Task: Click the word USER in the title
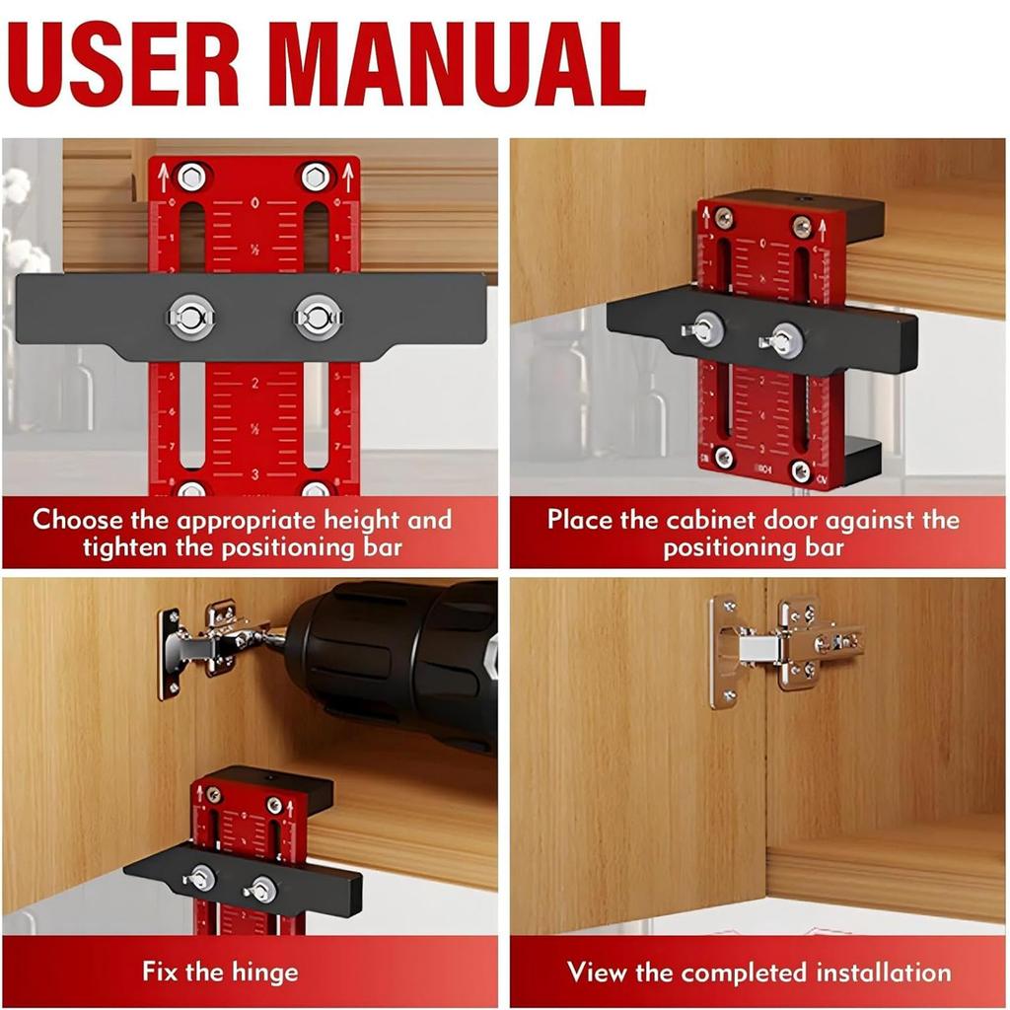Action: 124,64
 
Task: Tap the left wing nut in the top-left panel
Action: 190,317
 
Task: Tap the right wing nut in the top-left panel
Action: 318,317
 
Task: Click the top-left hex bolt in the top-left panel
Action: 190,178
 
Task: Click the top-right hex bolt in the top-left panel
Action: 316,178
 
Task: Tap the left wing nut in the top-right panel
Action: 704,329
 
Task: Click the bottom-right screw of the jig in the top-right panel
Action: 801,471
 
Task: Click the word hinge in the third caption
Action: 261,972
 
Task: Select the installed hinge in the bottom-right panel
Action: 779,646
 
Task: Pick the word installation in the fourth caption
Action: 885,972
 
